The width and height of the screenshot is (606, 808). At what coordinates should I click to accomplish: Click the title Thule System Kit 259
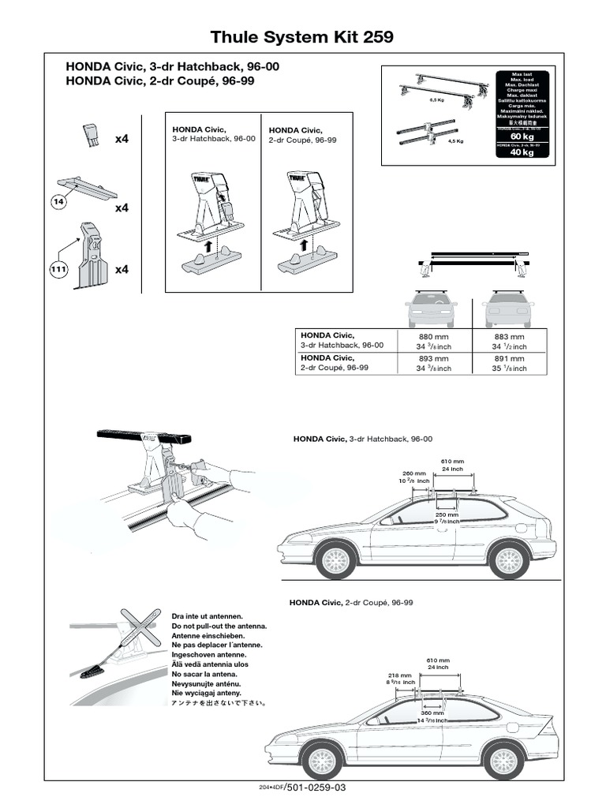pos(302,37)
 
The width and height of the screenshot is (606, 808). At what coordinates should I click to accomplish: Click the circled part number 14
pos(57,203)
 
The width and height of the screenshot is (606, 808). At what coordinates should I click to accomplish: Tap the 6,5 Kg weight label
pos(436,100)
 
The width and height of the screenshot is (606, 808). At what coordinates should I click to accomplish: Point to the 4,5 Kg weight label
pos(455,141)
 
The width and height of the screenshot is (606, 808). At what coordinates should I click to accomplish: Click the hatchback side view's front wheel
pos(335,560)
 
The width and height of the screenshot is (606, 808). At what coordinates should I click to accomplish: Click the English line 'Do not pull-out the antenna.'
pos(219,625)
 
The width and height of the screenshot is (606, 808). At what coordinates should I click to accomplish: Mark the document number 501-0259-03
pos(314,787)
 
